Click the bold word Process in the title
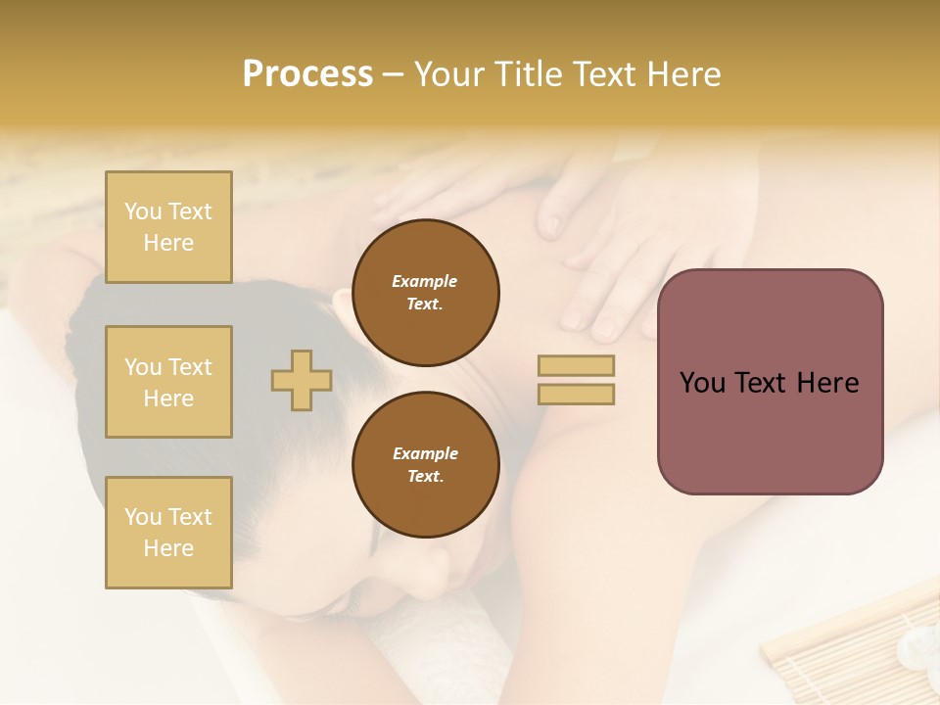click(x=307, y=74)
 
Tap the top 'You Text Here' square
click(x=168, y=227)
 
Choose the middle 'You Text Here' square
click(x=168, y=382)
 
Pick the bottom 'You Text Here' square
click(x=168, y=533)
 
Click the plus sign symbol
click(x=302, y=380)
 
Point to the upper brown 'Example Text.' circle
click(x=425, y=292)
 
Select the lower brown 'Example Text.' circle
click(x=425, y=464)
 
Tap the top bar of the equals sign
click(x=576, y=365)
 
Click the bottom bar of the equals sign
click(x=576, y=394)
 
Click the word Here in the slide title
click(x=683, y=74)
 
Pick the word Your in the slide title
click(x=448, y=74)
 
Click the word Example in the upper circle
click(x=425, y=281)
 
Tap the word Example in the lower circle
click(x=425, y=453)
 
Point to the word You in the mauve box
click(x=702, y=383)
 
